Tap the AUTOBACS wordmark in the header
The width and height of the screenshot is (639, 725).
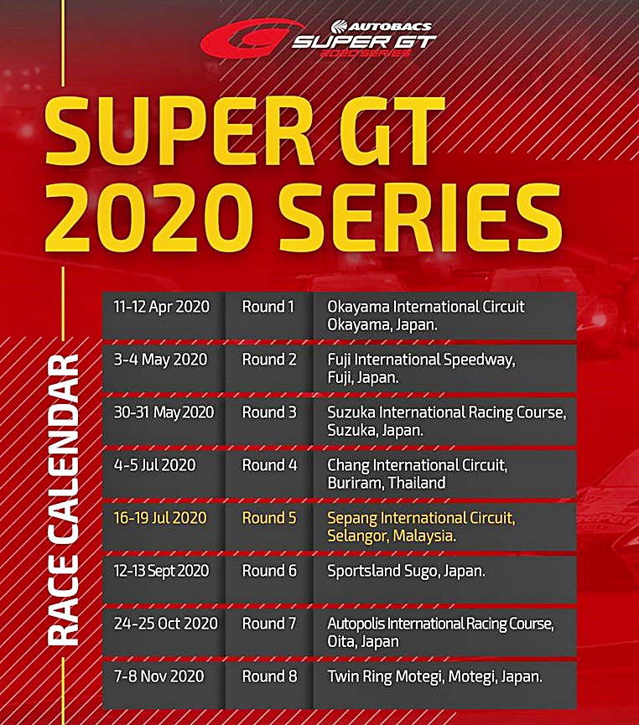(x=382, y=26)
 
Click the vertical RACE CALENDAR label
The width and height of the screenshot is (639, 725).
(x=64, y=500)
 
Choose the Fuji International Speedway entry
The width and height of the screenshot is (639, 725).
(x=421, y=368)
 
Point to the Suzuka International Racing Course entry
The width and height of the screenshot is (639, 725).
(x=446, y=421)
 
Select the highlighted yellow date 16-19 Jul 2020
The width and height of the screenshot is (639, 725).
(x=160, y=517)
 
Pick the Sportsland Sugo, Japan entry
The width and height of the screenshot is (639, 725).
(x=406, y=571)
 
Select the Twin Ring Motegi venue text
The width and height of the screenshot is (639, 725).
(x=434, y=676)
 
